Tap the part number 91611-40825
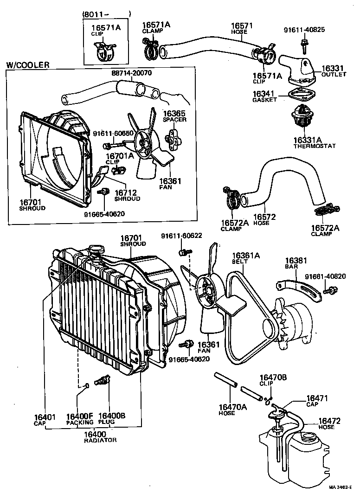[x=304, y=30]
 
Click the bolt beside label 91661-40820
[x=331, y=291]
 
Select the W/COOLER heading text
[x=27, y=65]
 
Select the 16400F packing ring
[x=86, y=385]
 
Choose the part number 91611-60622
[x=181, y=236]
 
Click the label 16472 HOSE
[x=329, y=423]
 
